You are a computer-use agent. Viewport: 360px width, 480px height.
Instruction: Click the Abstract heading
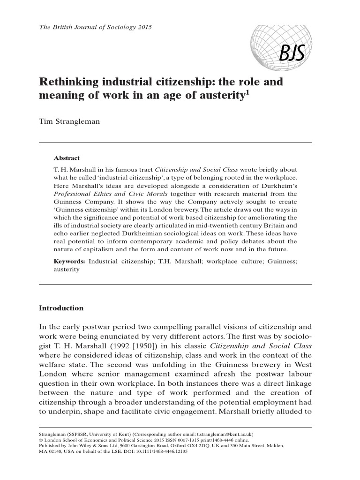[x=67, y=158]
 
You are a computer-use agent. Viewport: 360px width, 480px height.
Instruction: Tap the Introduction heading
[x=61, y=308]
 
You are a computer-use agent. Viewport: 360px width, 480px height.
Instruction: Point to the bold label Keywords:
[x=69, y=261]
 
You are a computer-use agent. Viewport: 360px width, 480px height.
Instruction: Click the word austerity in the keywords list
[x=67, y=270]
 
